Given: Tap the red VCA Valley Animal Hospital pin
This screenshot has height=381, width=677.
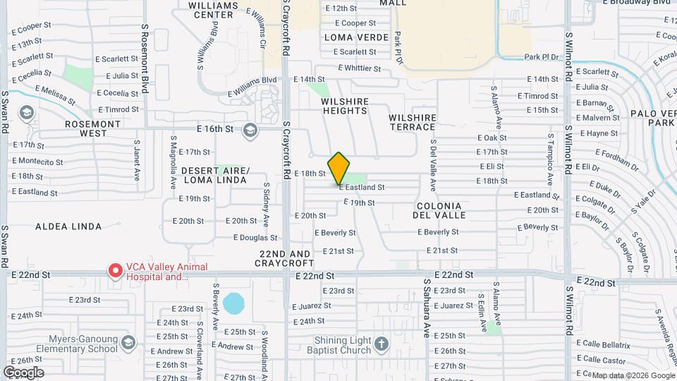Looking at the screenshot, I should coord(114,270).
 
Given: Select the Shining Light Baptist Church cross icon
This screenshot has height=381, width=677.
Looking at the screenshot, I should coord(381,344).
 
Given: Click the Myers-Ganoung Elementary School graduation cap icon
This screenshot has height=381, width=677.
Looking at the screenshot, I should coord(128,343).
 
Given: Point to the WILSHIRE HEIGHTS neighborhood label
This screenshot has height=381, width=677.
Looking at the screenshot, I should coord(345,106).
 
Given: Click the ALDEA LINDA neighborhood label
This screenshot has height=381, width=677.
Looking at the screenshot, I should coord(68,226).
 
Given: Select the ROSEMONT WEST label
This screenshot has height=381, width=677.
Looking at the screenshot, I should coord(96,128).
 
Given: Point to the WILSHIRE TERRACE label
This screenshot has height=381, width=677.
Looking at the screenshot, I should coord(412,122).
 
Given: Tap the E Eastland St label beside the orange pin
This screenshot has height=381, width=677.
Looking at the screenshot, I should coord(362,188).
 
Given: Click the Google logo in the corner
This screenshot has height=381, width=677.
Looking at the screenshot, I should coord(23,372).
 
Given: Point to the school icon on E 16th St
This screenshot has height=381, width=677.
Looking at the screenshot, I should coord(250,130).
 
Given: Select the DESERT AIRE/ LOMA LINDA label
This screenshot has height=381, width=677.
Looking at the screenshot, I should coord(214,175).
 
